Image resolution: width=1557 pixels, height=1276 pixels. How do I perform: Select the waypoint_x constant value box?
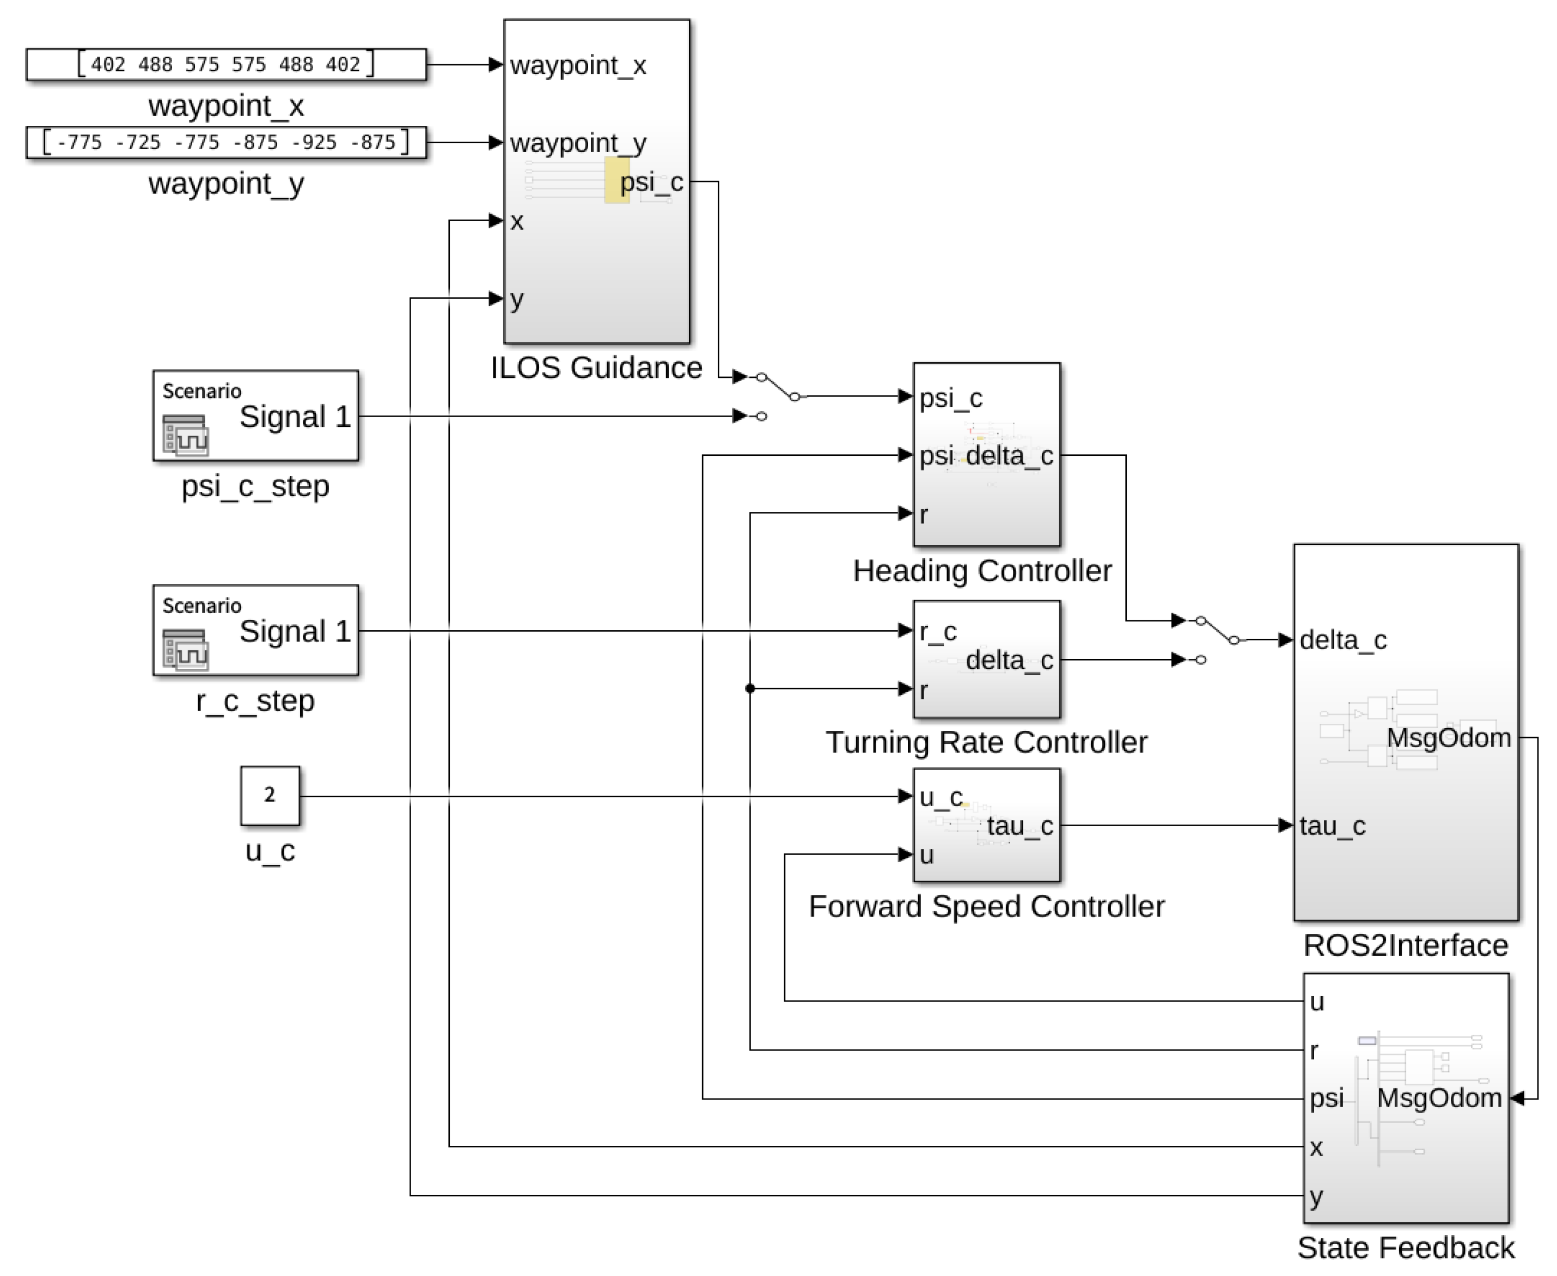(x=225, y=65)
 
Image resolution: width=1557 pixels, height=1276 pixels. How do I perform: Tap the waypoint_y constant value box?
(x=225, y=142)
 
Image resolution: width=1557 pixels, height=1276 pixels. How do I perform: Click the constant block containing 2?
(x=270, y=795)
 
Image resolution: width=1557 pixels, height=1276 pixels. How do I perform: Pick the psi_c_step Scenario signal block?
(x=255, y=416)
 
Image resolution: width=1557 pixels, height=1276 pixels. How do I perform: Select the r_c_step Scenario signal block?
(x=255, y=630)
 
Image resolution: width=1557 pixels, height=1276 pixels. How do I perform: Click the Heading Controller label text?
(x=981, y=571)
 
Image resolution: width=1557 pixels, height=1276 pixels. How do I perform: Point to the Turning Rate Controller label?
(x=986, y=742)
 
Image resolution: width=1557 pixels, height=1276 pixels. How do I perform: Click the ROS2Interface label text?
(x=1405, y=945)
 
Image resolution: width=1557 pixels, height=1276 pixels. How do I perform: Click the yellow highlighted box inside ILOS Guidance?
(x=616, y=180)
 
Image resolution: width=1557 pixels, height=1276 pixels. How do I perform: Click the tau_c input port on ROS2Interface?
(x=1332, y=826)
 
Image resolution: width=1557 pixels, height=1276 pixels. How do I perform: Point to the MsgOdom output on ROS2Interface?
(x=1448, y=737)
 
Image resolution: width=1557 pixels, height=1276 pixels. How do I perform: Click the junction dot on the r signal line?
(x=750, y=689)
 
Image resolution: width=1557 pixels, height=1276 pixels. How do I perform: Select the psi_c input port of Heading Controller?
(x=950, y=398)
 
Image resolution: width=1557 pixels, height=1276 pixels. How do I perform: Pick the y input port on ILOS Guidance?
(x=516, y=298)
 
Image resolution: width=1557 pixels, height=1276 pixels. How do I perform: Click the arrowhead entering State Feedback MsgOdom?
(x=1517, y=1098)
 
